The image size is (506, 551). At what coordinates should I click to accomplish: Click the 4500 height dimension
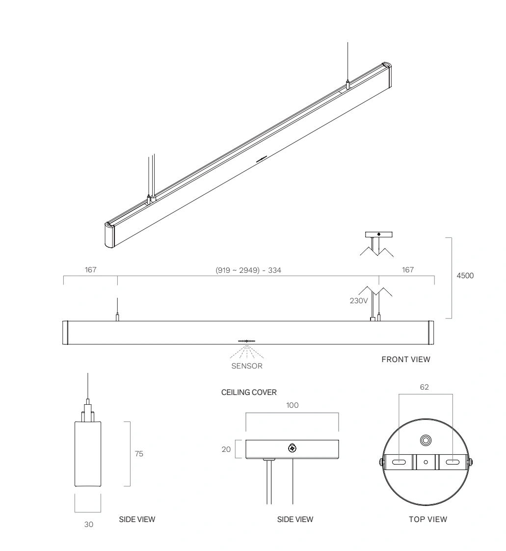[465, 276]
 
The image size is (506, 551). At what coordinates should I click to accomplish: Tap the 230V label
[359, 301]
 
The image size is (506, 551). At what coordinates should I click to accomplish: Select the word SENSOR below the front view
[247, 366]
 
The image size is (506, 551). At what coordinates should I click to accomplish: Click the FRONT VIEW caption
[406, 360]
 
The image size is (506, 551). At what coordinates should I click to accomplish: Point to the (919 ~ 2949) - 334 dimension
[248, 270]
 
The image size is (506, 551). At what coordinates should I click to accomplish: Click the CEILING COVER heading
[249, 392]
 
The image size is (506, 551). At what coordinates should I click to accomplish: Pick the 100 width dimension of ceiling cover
[293, 405]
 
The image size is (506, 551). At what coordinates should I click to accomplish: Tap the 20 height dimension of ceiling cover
[226, 449]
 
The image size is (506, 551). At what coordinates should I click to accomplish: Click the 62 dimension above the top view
[425, 387]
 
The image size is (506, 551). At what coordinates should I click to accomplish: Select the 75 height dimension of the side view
[139, 454]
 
